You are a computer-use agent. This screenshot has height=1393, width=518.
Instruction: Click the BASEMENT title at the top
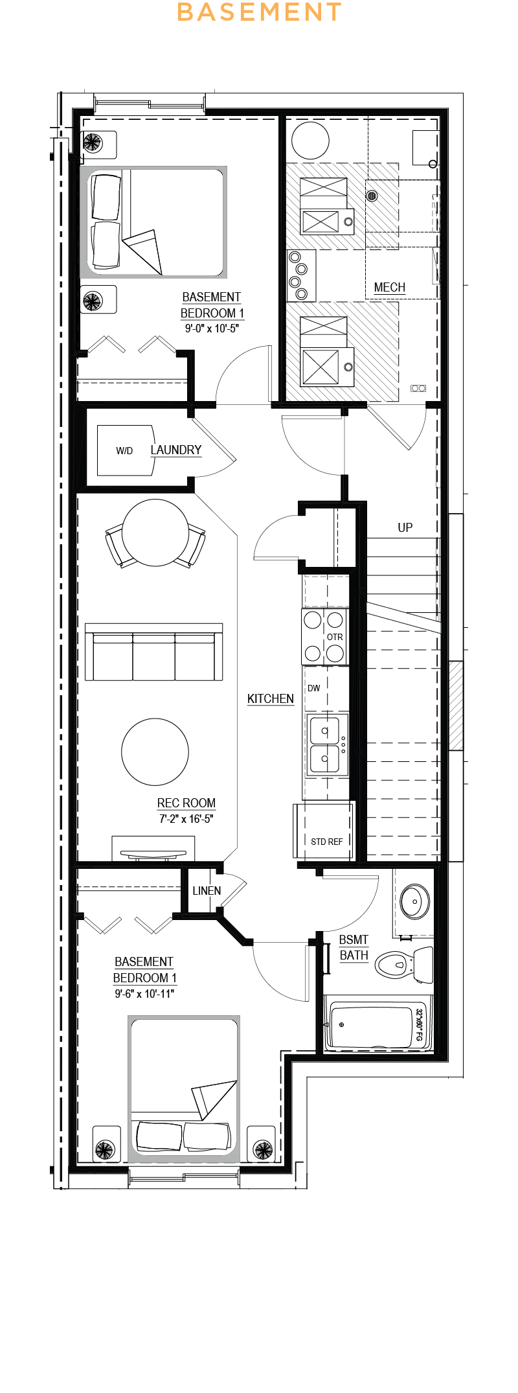pos(259,12)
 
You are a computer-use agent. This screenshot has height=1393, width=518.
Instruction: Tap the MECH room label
pos(390,288)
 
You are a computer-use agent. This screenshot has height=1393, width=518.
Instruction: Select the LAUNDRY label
pos(176,450)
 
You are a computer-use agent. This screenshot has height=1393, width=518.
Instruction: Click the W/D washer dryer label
pos(124,451)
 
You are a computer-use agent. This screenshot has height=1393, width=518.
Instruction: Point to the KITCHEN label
pos(271,698)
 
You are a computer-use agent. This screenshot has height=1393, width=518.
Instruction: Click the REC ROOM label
pos(186,803)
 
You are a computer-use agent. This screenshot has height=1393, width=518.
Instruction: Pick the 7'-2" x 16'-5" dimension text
pos(186,819)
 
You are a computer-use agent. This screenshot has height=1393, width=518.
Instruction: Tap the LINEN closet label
pos(207,891)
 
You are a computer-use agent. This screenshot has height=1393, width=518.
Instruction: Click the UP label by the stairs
pos(405,527)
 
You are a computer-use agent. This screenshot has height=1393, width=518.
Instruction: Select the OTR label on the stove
pos(335,637)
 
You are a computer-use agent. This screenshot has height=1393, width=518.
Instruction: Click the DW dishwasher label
pos(314,688)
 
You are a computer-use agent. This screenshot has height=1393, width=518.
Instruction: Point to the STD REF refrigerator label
pos(327,842)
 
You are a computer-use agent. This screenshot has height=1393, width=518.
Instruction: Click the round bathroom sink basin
pos(414,901)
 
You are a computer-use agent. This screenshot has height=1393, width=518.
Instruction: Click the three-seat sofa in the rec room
pos(154,652)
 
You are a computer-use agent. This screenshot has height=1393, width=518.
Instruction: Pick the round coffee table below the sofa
pos(155,752)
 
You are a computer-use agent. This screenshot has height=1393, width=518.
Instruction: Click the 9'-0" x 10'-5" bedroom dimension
pos(212,328)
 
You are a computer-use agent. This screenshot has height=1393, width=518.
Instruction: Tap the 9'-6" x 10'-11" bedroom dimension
pos(145,994)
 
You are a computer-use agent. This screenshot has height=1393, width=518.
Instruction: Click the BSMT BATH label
pos(354,947)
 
